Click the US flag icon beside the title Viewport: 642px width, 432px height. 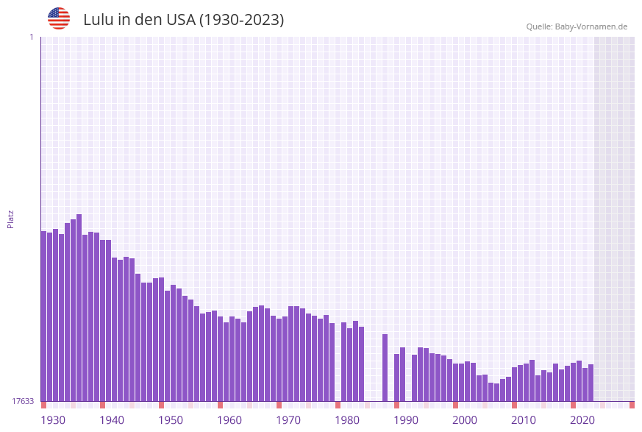[x=59, y=18]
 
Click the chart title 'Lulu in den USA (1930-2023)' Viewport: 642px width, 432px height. [x=183, y=20]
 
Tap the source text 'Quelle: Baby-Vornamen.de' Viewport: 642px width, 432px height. [x=577, y=26]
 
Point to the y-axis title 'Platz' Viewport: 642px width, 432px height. [x=11, y=219]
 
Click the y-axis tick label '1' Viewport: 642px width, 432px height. [x=32, y=37]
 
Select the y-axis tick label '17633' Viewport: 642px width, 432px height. [x=23, y=401]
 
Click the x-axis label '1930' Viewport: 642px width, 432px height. [x=53, y=420]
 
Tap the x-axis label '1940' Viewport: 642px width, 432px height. [x=112, y=420]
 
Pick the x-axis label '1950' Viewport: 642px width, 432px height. [x=171, y=420]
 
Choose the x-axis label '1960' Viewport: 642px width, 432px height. [x=229, y=420]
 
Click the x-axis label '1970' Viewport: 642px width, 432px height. [x=288, y=420]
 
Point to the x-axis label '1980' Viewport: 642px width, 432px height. [x=347, y=420]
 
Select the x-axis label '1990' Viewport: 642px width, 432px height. [x=406, y=420]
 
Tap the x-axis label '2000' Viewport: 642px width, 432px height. [x=465, y=420]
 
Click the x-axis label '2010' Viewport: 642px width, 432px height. [x=524, y=420]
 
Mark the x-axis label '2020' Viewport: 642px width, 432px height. [x=582, y=420]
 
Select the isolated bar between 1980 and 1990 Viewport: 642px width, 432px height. [x=385, y=368]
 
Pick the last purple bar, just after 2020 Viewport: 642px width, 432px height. [x=591, y=383]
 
